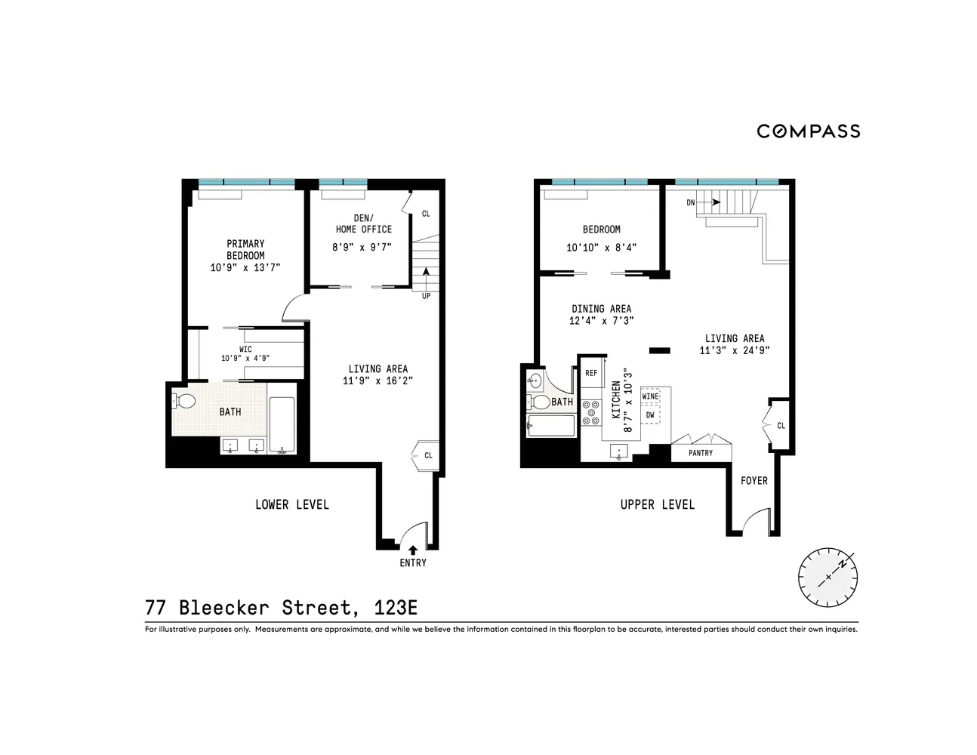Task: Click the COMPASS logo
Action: point(808,131)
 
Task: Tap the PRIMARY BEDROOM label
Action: point(245,249)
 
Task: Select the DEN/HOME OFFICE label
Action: point(363,223)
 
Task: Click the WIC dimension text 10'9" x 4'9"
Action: point(245,359)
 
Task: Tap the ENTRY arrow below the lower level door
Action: point(412,550)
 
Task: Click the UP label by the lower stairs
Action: point(427,296)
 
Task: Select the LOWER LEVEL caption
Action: point(291,504)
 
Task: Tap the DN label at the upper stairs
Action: point(691,202)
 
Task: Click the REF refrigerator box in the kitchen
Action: point(591,373)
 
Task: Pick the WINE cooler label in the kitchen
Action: point(649,396)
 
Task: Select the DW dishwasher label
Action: point(649,414)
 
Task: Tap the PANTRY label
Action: point(701,453)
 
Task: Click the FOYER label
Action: point(754,480)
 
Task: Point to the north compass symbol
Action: point(828,577)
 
